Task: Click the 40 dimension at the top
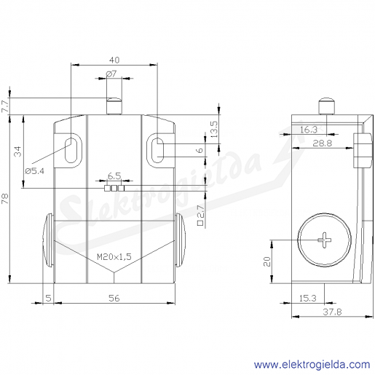114,60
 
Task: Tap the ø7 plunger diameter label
111,74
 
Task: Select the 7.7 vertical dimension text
5,106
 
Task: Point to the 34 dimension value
17,151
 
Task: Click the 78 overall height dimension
5,199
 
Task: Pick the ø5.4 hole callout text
35,171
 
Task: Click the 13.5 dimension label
215,130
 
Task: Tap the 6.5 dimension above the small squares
114,176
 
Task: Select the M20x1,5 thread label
114,256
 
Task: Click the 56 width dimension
114,298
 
